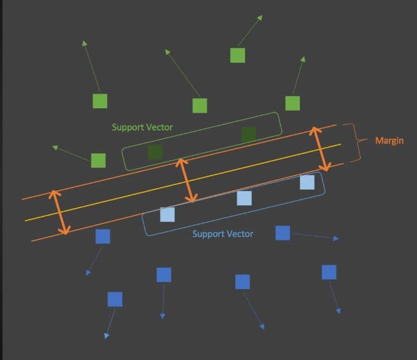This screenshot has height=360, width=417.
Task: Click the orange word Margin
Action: coord(389,141)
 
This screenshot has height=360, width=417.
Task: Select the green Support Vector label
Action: coord(142,127)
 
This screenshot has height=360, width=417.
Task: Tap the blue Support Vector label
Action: coord(223,234)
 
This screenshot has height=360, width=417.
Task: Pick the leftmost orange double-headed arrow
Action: coord(59,212)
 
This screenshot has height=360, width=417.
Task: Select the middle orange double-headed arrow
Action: coord(185,180)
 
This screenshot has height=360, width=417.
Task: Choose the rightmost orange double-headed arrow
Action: coord(320,149)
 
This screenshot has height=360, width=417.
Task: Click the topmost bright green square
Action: coord(237,56)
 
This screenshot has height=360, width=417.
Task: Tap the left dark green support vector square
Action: coord(155,152)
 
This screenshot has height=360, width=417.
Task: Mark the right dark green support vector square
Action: coord(248,134)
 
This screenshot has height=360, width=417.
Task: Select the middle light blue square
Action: coord(244,198)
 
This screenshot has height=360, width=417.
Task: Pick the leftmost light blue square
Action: coord(167,214)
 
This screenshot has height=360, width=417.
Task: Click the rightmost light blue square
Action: coord(307,182)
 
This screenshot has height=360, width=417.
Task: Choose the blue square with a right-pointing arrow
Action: coord(283,233)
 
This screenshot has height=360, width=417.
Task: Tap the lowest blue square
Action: coord(115,299)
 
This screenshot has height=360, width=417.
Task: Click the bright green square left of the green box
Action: coord(98,160)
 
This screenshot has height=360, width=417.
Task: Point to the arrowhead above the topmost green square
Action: coord(259,17)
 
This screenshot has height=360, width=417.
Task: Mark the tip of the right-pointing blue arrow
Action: coord(337,239)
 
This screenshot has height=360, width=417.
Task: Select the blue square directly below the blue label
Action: coord(242,282)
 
